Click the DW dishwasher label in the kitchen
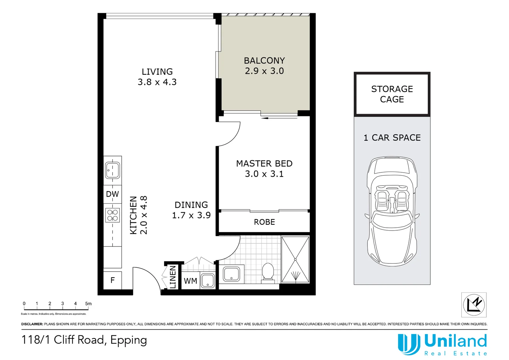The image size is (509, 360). (112, 194)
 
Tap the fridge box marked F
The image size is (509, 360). (113, 280)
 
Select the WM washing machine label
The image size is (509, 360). (191, 281)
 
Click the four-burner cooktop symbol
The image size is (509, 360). (113, 215)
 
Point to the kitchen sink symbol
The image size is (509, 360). (113, 170)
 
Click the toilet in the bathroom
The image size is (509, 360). (268, 273)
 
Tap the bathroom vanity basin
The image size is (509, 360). (231, 274)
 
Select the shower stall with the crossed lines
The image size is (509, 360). (295, 259)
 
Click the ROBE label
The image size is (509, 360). (264, 222)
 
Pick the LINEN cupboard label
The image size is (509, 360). (173, 277)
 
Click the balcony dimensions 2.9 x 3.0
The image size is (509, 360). (264, 71)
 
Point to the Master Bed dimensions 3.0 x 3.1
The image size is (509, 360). (264, 174)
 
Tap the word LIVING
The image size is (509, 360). (157, 72)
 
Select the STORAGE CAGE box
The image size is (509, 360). (392, 94)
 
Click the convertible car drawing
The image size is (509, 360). (392, 211)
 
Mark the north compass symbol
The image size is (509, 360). (474, 305)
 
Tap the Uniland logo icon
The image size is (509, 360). (408, 344)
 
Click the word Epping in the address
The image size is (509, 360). (129, 340)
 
